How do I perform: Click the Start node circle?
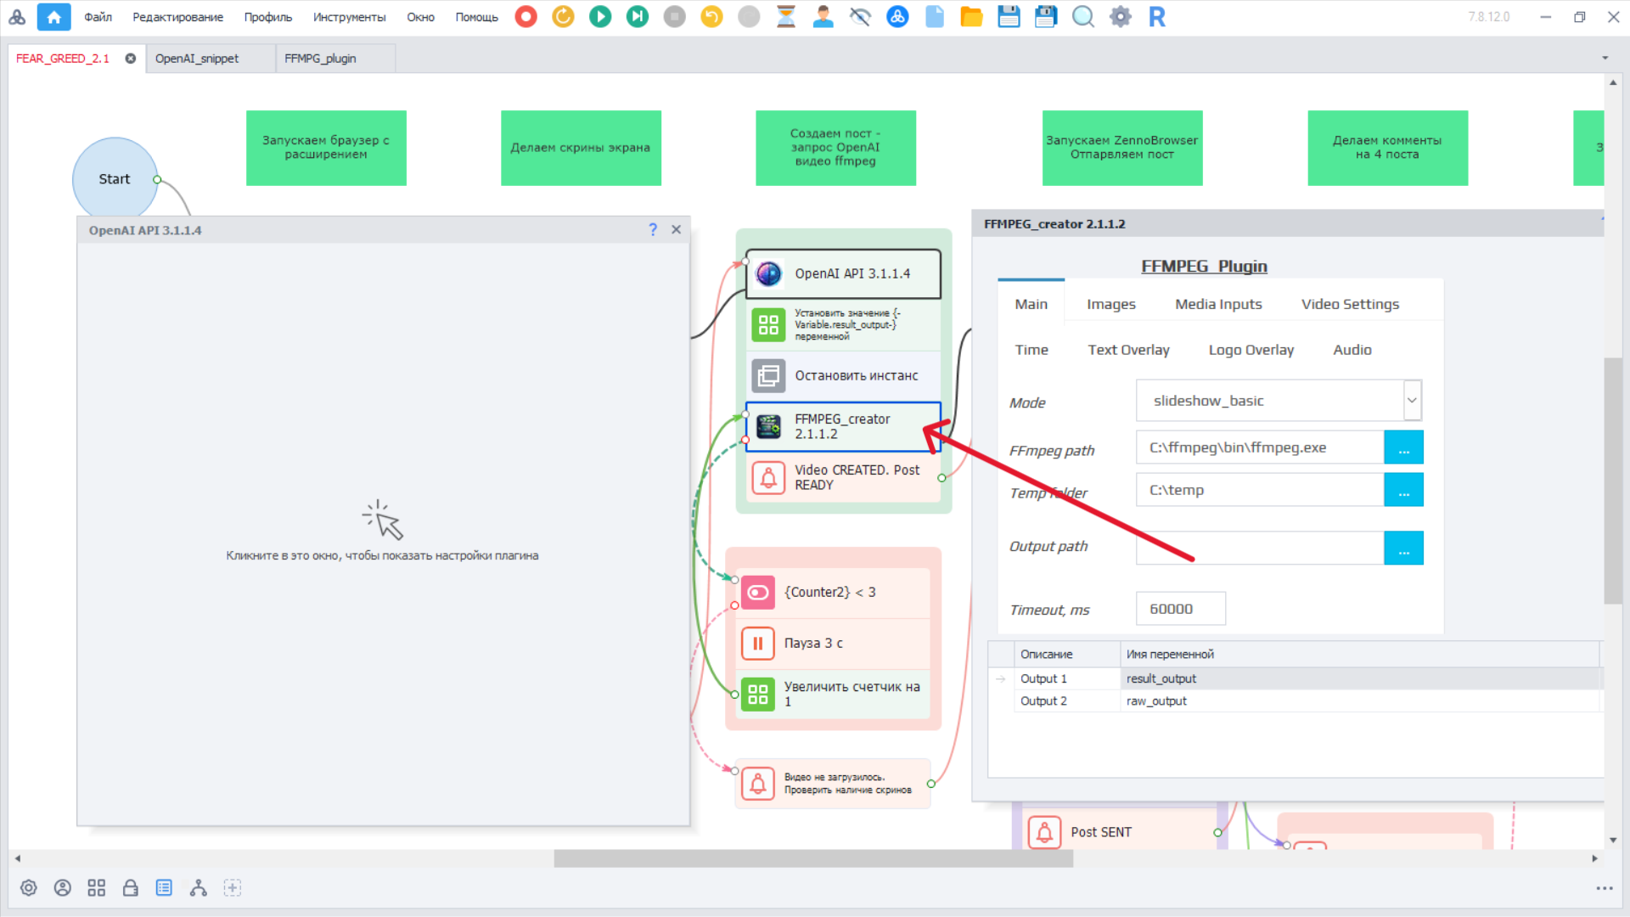(x=115, y=178)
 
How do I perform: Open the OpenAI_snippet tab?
(x=197, y=59)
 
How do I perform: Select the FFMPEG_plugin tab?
(x=320, y=59)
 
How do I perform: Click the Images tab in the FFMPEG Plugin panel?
(x=1110, y=304)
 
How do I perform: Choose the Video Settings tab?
(x=1350, y=304)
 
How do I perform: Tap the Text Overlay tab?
(x=1128, y=350)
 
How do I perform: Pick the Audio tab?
(x=1352, y=350)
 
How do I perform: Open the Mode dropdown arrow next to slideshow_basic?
(x=1412, y=400)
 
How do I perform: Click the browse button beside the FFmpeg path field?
(x=1403, y=447)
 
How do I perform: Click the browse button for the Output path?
(x=1403, y=548)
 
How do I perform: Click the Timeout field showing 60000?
(x=1180, y=609)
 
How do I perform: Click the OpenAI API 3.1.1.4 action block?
(x=843, y=273)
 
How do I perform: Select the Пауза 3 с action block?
(x=832, y=643)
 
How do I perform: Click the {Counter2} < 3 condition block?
(x=832, y=592)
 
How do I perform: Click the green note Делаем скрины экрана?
(x=581, y=148)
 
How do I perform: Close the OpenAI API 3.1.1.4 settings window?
(x=676, y=229)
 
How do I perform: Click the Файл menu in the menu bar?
(x=98, y=17)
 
